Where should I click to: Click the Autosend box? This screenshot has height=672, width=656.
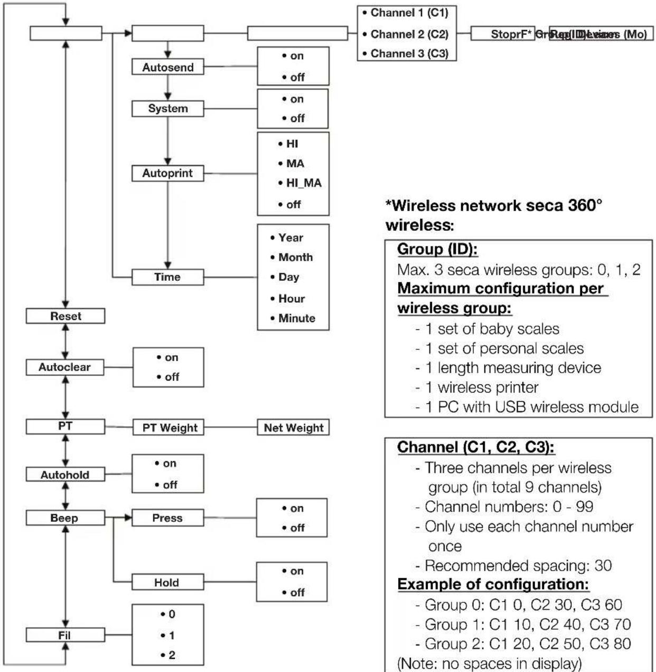167,68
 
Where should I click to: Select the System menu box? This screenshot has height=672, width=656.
167,109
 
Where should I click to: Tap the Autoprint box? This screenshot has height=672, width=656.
167,173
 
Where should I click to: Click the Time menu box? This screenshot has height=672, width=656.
167,277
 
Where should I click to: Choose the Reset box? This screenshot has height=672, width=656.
65,316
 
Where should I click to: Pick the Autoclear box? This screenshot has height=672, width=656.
65,367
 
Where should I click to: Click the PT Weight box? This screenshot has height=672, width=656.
170,428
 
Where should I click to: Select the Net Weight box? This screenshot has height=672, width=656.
293,428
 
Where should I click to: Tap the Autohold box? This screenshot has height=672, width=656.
65,475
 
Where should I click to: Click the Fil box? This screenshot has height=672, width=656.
65,635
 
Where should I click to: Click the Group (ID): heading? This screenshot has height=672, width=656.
437,249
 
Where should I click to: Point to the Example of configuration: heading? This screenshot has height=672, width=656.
493,584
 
